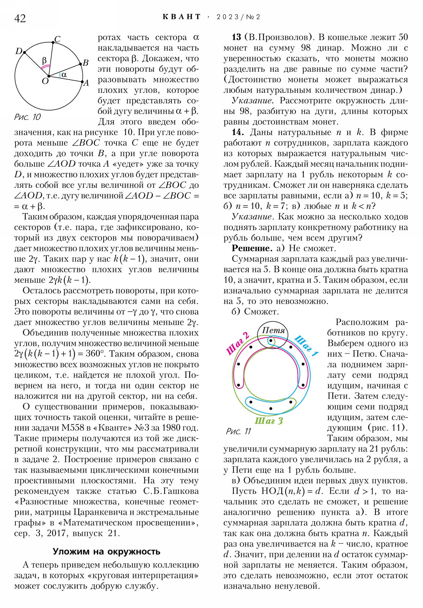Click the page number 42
(20, 19)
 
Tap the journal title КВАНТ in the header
(182, 17)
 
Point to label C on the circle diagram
(57, 39)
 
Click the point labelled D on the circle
(24, 52)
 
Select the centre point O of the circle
(49, 76)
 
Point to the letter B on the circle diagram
(85, 63)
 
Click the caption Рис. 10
(27, 117)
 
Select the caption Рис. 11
(238, 431)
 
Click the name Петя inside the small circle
(273, 330)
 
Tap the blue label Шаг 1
(306, 346)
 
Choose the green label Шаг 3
(269, 421)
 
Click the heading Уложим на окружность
(107, 551)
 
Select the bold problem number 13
(236, 37)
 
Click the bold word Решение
(252, 248)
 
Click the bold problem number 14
(238, 132)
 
